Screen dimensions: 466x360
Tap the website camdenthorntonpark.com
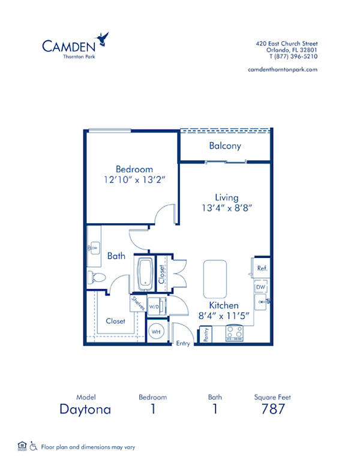282,70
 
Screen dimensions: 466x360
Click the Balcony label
225,146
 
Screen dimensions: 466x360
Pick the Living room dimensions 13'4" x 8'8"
227,208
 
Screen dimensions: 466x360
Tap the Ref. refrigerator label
262,268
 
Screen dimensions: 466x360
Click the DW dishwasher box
261,287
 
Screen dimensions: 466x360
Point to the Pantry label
206,335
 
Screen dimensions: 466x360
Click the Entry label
182,343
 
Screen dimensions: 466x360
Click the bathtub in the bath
146,272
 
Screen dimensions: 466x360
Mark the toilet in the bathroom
96,277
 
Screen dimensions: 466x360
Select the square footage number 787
272,410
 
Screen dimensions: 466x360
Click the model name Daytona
85,410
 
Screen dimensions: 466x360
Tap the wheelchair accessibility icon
34,446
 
